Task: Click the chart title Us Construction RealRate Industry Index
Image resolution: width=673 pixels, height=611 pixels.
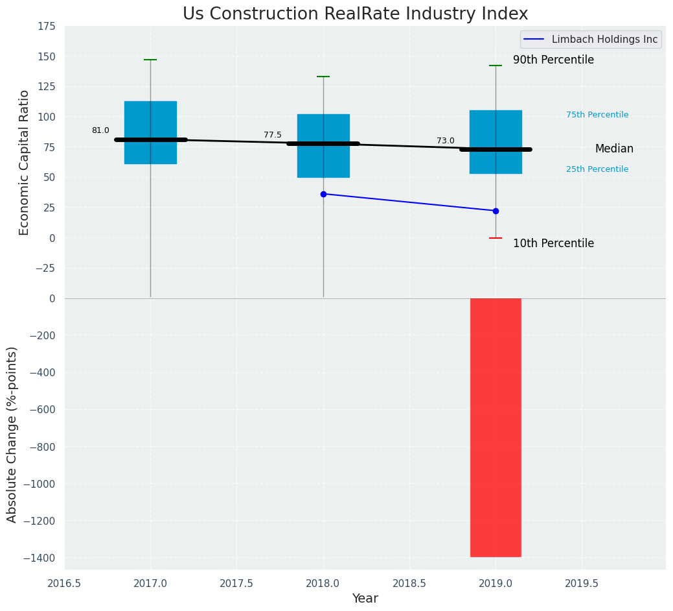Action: (355, 14)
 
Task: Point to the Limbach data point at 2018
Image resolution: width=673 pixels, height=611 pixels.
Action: (323, 194)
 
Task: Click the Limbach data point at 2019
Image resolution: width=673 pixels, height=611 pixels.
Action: (496, 211)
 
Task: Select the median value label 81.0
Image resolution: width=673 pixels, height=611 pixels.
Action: (100, 130)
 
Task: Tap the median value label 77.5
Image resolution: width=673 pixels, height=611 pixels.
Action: (273, 135)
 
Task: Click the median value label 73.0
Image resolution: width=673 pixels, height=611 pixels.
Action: (446, 141)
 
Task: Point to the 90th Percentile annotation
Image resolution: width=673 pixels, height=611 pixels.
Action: (553, 60)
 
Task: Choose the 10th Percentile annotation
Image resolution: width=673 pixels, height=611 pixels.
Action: (553, 243)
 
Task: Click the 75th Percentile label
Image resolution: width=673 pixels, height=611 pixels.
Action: (597, 115)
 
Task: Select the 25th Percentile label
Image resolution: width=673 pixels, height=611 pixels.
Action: (597, 169)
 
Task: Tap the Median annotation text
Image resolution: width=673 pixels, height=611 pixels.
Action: (614, 149)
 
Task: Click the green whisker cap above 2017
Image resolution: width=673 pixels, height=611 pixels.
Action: (150, 60)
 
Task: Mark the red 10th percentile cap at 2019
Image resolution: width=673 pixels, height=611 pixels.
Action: (496, 238)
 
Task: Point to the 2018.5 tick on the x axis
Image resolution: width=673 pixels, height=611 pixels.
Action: (409, 583)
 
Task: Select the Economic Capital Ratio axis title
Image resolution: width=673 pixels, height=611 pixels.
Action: (25, 162)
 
